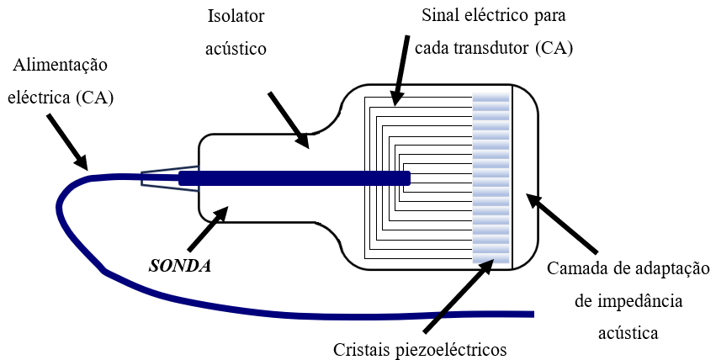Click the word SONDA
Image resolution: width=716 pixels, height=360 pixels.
point(179,265)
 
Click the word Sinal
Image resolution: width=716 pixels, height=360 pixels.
point(443,16)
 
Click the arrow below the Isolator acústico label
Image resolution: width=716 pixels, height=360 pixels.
point(289,120)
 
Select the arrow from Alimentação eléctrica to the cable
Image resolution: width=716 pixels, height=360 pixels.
point(66,140)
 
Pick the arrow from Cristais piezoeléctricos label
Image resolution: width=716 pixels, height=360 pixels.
point(459,295)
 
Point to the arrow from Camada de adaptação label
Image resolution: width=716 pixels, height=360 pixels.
point(561,225)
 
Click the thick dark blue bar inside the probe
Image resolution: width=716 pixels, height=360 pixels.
point(294,178)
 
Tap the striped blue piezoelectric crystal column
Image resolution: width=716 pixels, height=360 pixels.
point(491,178)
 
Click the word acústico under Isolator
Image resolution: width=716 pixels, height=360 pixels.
point(236,48)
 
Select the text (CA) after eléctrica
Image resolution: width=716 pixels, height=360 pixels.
point(94,98)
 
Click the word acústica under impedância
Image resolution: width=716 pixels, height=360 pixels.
point(628,333)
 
